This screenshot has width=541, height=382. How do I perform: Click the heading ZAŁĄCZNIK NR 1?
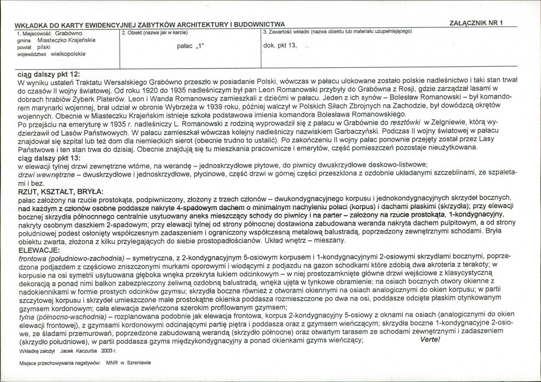pos(476,23)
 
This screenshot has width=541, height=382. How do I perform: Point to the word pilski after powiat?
pos(45,47)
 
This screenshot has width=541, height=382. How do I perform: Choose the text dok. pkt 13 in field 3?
pos(280,46)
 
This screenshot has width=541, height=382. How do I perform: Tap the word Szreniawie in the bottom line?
pos(139,363)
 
